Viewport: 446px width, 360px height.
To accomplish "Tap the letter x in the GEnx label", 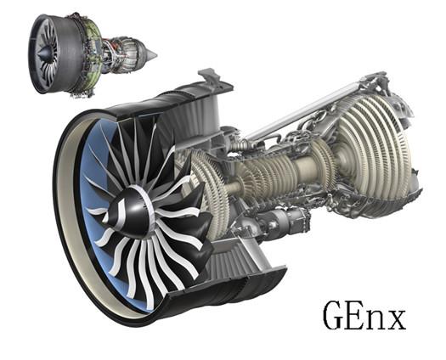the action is tap(394, 319).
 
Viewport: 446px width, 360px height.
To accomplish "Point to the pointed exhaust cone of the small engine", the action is tap(150, 54).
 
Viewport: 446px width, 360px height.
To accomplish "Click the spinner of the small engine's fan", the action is tap(44, 53).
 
